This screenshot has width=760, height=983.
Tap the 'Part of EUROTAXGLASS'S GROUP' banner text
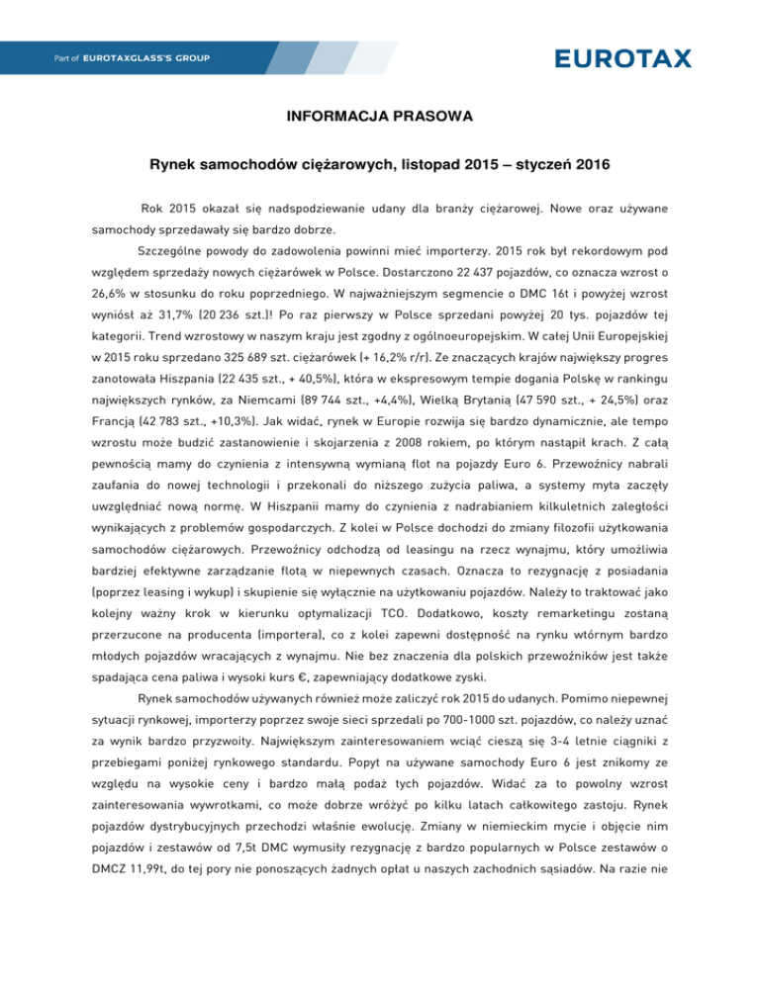(120, 59)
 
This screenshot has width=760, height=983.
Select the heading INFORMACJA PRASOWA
(379, 118)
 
